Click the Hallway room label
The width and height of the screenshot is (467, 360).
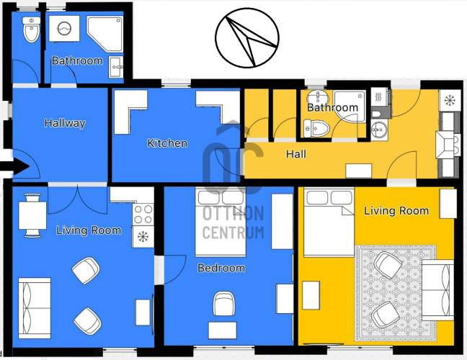point(65,123)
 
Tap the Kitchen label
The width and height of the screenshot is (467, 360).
point(167,143)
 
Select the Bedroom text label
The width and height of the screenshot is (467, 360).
point(221,268)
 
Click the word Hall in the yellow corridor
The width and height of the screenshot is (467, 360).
point(296,154)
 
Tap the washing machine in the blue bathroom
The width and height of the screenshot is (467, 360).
point(64,29)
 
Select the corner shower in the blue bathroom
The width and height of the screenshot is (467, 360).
point(104,34)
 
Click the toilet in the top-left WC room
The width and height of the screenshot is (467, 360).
point(31,30)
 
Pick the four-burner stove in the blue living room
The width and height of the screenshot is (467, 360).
point(143,215)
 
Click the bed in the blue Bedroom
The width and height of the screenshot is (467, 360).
point(221,222)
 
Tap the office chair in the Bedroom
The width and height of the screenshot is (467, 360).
point(223,303)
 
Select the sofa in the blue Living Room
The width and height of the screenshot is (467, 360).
point(35,308)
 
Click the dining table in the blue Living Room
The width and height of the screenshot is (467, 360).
point(32,215)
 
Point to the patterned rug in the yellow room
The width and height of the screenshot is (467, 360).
point(395,293)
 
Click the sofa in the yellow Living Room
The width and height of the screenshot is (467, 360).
point(438,290)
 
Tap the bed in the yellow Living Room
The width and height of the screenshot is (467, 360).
point(329,222)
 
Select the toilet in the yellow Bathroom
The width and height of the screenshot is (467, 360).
point(316,129)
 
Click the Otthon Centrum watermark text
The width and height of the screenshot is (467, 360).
point(233,222)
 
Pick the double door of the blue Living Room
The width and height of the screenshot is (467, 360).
point(77,199)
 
